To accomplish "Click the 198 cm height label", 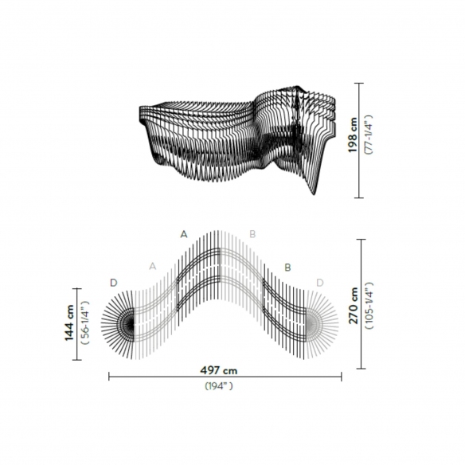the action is tap(353, 135).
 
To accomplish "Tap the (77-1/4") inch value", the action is tap(369, 135).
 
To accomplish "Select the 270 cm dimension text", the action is tap(354, 306).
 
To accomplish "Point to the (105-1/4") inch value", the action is tap(369, 306).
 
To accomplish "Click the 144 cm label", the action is tap(69, 322).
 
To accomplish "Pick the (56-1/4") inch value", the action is tap(85, 322).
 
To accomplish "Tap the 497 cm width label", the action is tap(219, 370).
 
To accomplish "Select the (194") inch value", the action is tap(219, 386).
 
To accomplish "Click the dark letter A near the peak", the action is tap(184, 235).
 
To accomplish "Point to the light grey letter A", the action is tap(152, 266).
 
